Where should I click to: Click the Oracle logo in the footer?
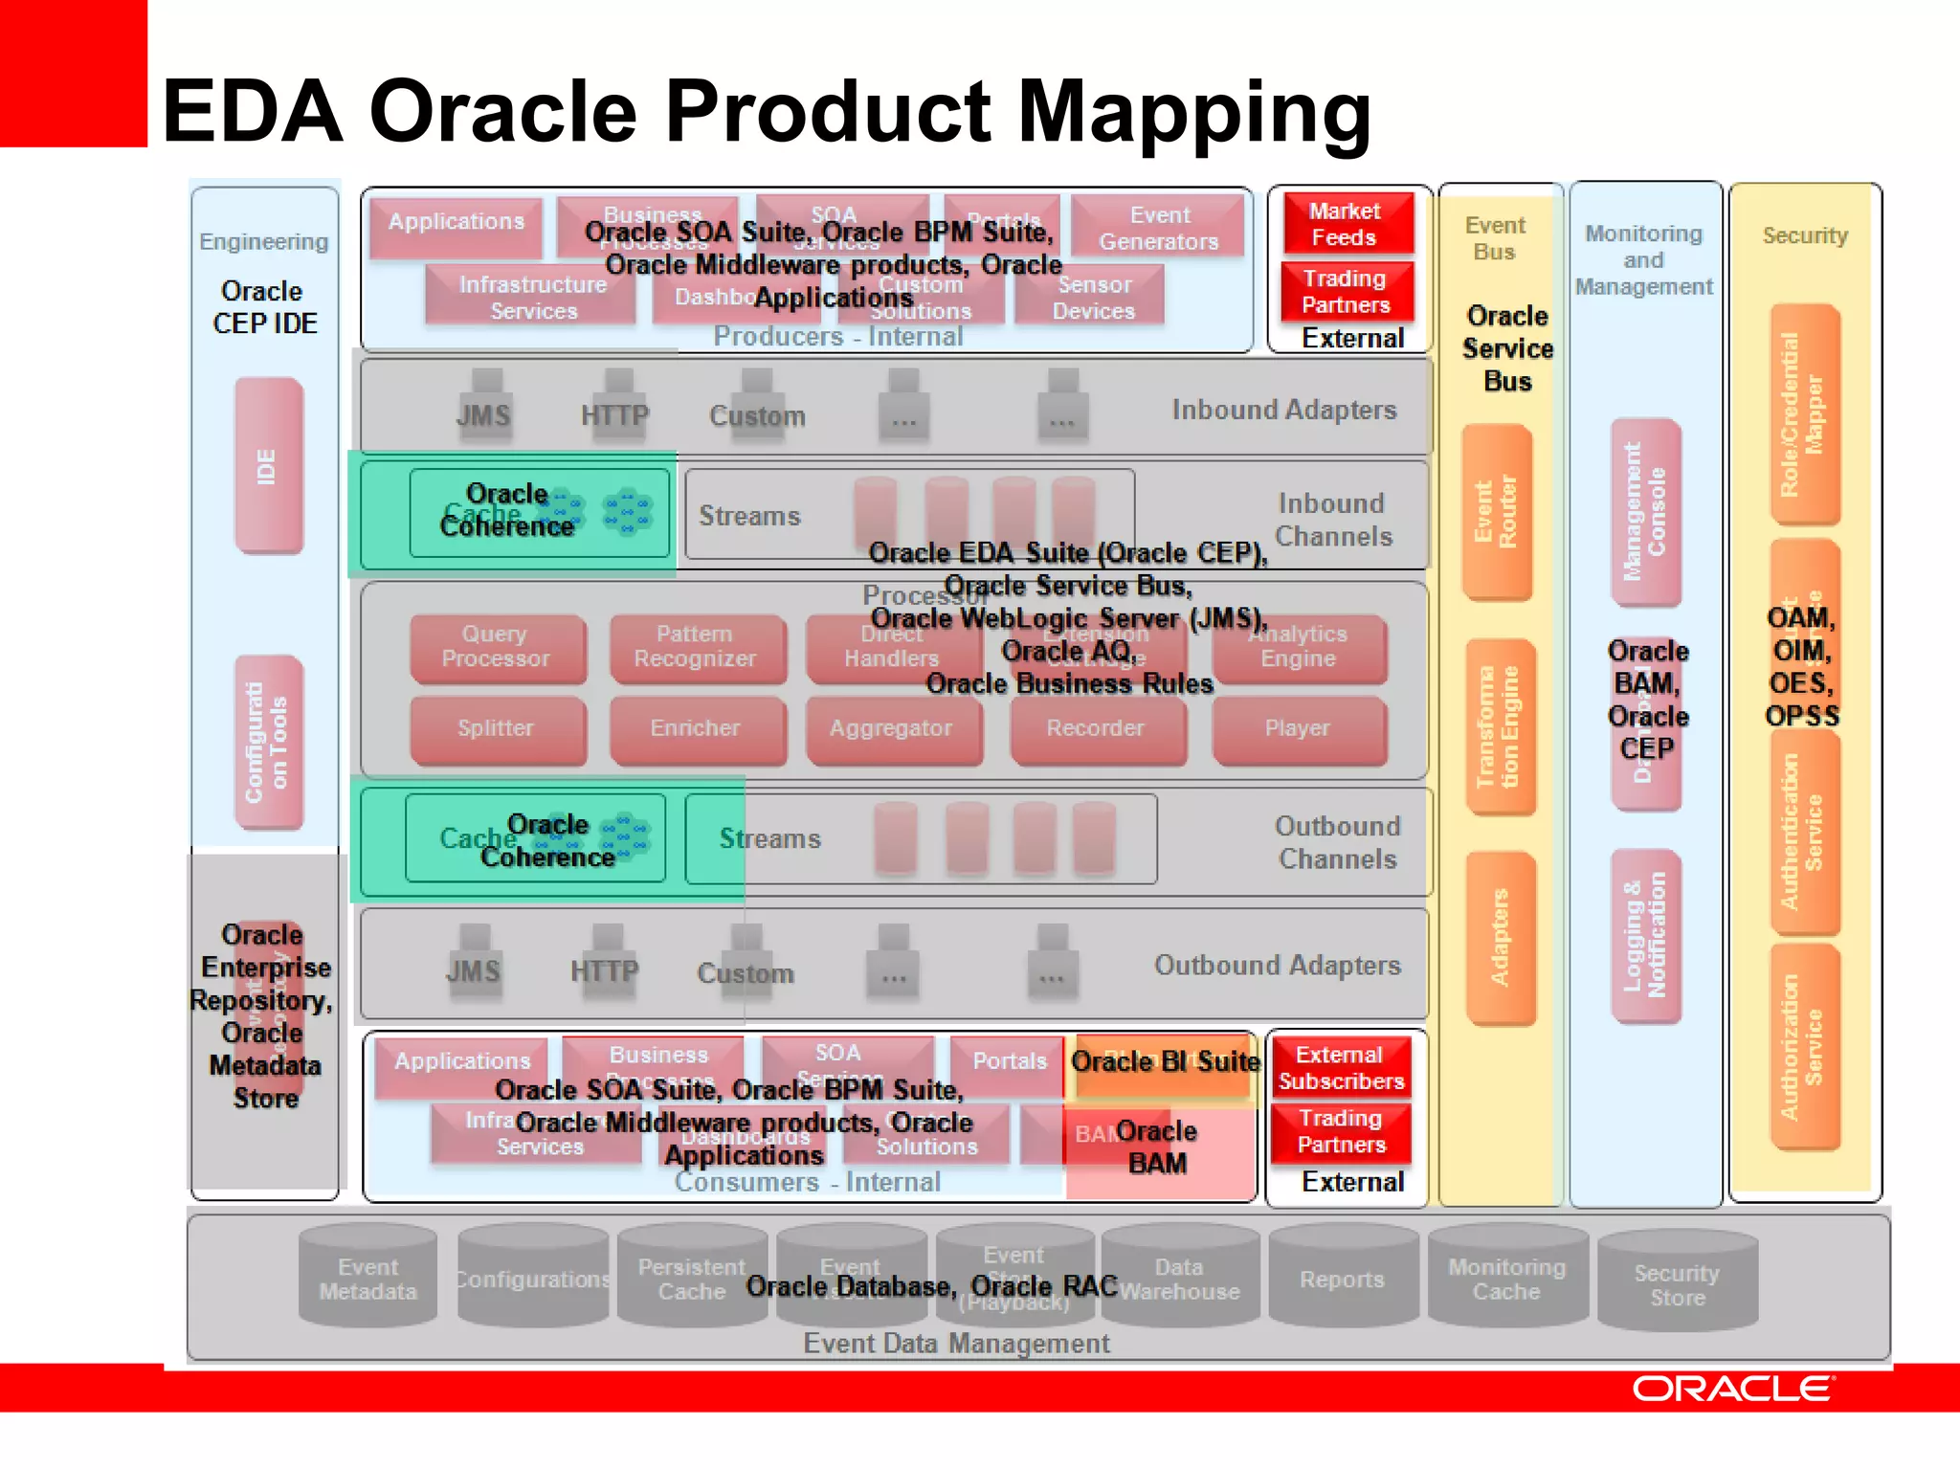click(x=1732, y=1388)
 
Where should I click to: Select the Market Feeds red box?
click(x=1346, y=224)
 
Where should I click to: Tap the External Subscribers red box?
click(x=1341, y=1068)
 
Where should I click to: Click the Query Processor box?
click(x=497, y=647)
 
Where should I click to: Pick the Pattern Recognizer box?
click(x=696, y=647)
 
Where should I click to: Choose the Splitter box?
click(x=497, y=728)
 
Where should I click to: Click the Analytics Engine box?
click(x=1299, y=647)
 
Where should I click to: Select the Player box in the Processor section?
click(x=1299, y=728)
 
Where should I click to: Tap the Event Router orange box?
click(x=1497, y=513)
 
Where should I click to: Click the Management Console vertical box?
click(x=1645, y=512)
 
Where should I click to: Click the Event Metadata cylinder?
click(x=368, y=1280)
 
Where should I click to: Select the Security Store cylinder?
click(x=1678, y=1285)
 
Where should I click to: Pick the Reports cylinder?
click(x=1342, y=1280)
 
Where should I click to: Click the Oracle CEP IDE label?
click(x=264, y=307)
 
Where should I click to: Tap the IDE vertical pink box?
click(x=268, y=466)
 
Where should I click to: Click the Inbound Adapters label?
click(x=1283, y=411)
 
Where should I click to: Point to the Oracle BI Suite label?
click(x=1165, y=1062)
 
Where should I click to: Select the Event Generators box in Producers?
click(x=1159, y=229)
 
